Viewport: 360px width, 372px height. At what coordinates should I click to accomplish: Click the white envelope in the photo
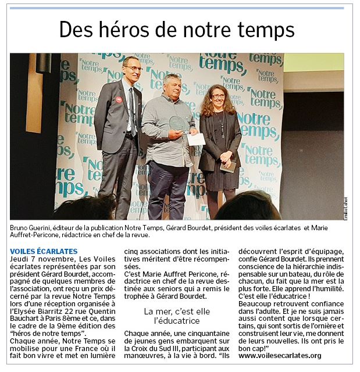pos(196,138)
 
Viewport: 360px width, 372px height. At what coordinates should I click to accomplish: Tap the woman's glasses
pos(217,96)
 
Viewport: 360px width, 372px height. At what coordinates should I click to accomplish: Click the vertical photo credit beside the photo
pos(345,208)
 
